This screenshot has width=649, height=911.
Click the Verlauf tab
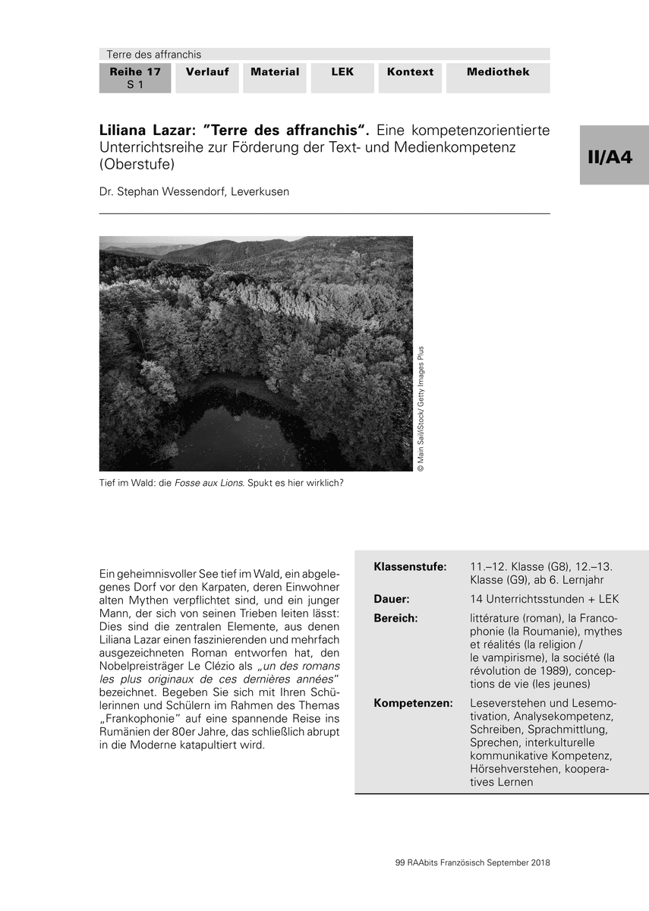tap(207, 72)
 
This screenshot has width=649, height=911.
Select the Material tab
tap(275, 72)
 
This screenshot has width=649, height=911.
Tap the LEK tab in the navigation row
tap(342, 72)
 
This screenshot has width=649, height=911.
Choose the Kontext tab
tap(410, 72)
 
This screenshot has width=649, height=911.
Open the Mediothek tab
tap(498, 72)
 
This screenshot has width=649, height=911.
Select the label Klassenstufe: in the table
tap(410, 566)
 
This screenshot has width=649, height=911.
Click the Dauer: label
tap(392, 599)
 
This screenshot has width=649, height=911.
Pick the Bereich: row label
tap(395, 618)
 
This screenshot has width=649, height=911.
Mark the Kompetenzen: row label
tap(413, 703)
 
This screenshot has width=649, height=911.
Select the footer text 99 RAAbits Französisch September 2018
tap(473, 862)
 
